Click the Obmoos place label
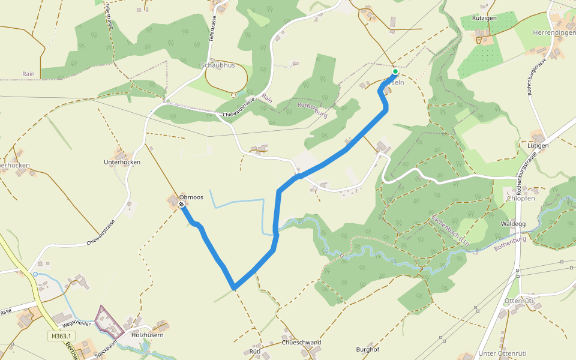191,197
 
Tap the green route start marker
395,71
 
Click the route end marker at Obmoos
181,205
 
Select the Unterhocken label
122,163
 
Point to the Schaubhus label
218,65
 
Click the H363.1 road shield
61,336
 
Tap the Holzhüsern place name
148,335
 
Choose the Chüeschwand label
301,343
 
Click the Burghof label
368,349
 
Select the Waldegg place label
513,224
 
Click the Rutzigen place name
484,18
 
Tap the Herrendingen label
553,32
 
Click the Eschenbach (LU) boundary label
449,230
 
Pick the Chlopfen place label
520,199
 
